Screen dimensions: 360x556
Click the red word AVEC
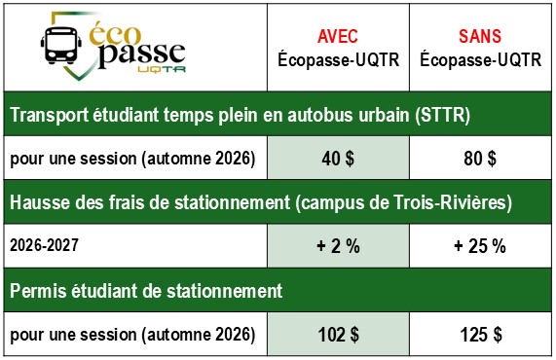338,36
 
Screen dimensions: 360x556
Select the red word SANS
480,36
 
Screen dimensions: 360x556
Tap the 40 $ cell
338,158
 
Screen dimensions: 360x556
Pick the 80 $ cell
480,158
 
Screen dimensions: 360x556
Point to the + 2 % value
338,245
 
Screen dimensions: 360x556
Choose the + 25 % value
480,245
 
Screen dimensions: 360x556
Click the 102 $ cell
338,334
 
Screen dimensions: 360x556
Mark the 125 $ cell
480,334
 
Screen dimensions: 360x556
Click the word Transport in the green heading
48,116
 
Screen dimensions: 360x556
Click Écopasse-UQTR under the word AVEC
338,59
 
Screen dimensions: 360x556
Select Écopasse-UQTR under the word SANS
480,59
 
